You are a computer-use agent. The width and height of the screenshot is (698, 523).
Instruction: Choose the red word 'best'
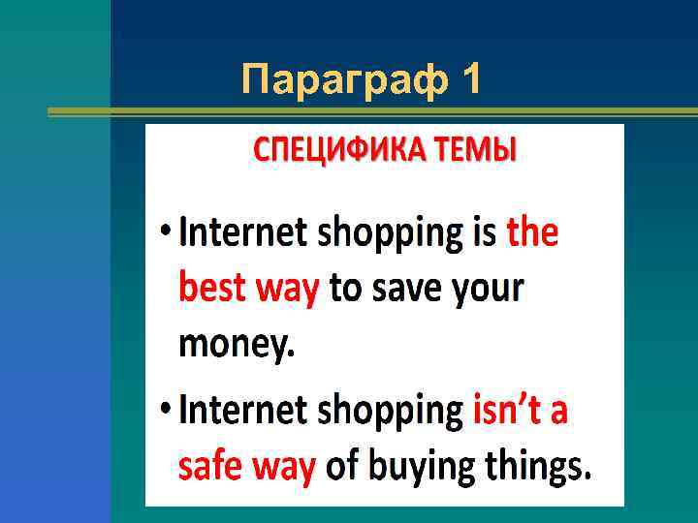(213, 289)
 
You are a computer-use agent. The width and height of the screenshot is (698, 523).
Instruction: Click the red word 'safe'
(212, 468)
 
